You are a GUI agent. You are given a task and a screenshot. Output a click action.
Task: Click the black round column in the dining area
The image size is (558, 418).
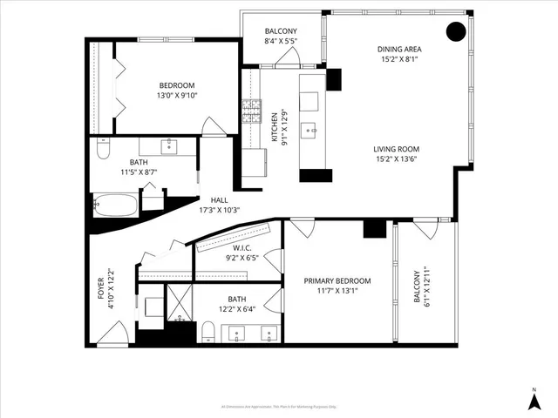tap(456, 32)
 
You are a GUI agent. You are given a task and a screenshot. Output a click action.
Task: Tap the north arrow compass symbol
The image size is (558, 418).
tap(534, 401)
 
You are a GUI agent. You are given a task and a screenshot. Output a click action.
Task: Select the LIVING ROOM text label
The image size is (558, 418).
tap(398, 149)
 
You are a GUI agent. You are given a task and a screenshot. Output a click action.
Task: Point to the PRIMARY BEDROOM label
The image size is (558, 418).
tap(337, 280)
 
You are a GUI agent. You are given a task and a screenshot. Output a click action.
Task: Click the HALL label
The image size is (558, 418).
tap(219, 200)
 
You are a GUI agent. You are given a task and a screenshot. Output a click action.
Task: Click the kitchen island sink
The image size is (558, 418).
tap(309, 131)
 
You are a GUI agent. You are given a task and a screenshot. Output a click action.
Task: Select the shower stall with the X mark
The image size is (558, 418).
tap(180, 305)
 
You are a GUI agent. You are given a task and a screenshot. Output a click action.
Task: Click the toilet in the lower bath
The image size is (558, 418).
tap(208, 331)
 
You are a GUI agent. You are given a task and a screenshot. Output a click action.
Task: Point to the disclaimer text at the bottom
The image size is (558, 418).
tap(278, 406)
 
